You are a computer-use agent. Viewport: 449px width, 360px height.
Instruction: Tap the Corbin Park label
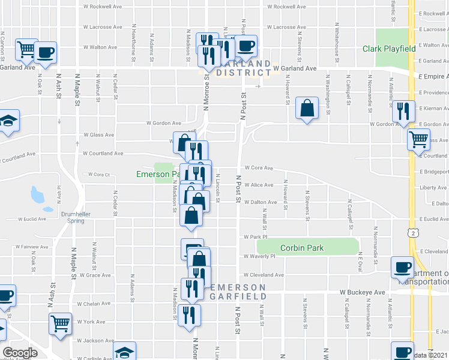coord(302,248)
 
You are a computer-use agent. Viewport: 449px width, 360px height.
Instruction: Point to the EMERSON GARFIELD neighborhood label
coord(239,292)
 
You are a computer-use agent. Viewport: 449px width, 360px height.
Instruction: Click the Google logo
coord(20,353)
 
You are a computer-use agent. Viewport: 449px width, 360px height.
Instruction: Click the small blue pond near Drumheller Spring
coord(37,194)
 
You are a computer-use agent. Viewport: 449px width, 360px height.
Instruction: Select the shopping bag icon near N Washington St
coord(307,109)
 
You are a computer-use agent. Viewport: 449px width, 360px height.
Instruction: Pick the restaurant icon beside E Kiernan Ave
coord(402,110)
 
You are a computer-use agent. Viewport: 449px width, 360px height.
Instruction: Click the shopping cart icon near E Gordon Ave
coord(418,140)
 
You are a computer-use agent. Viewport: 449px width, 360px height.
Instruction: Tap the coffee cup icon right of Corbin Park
coord(402,267)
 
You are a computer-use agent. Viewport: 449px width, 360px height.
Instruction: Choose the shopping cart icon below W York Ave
coord(60,324)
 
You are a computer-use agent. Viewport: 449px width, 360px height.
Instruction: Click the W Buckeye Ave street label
coord(362,292)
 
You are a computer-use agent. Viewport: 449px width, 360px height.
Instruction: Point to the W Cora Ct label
coord(98,175)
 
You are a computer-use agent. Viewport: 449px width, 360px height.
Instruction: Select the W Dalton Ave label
coord(259,202)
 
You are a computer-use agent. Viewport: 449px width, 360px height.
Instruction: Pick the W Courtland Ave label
coord(103,153)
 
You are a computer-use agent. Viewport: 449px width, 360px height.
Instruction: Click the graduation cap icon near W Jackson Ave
coord(124,352)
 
